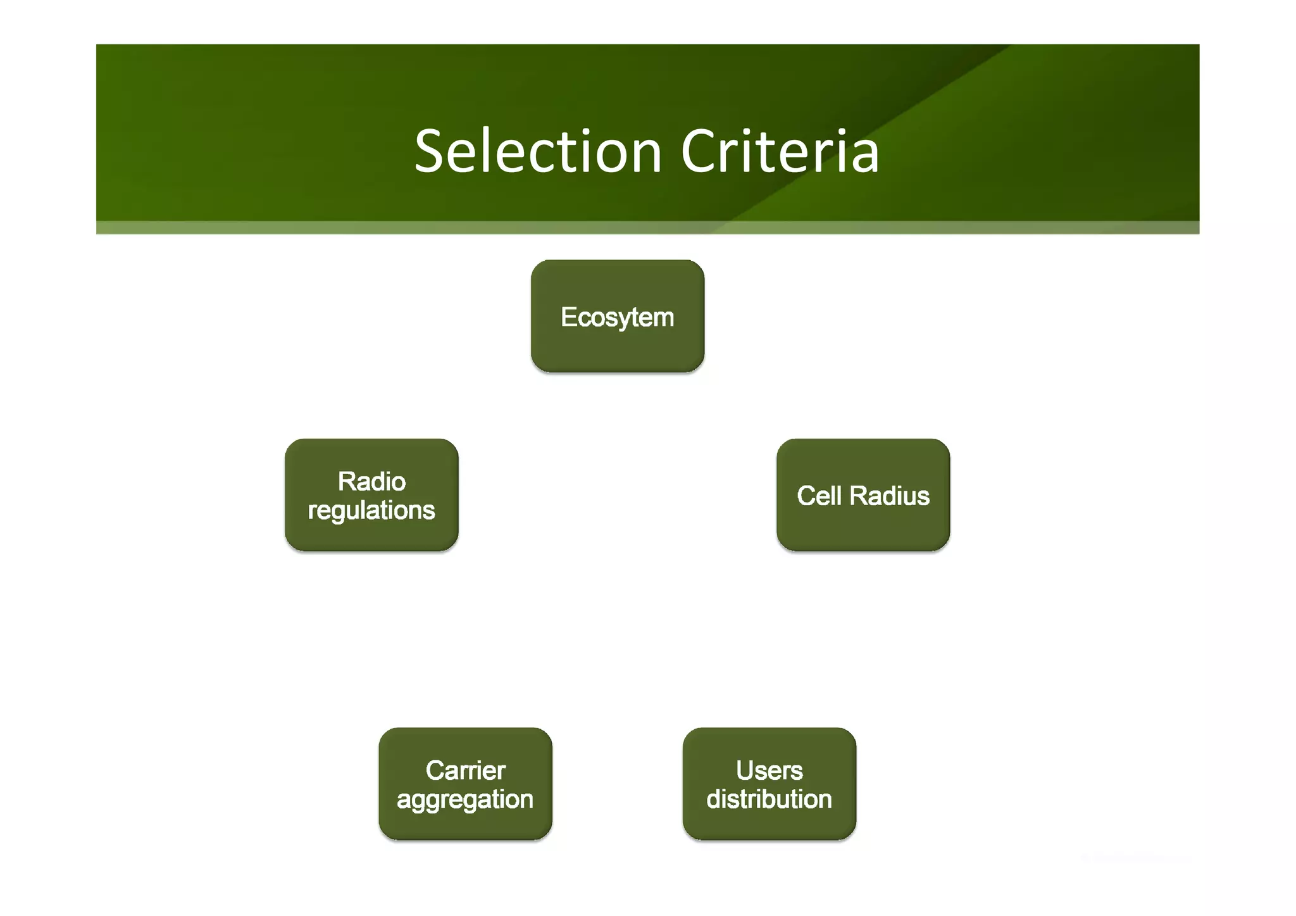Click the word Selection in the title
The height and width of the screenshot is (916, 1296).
pos(538,151)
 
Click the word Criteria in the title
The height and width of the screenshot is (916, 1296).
pos(780,151)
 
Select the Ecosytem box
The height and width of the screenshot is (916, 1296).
pos(617,317)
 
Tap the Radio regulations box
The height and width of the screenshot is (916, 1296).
pos(371,495)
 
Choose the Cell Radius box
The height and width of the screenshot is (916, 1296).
pos(863,495)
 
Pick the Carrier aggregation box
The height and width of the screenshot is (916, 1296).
pos(465,784)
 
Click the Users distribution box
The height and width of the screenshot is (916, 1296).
pos(769,784)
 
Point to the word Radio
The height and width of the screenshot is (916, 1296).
pos(371,482)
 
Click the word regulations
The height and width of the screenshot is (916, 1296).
pos(371,510)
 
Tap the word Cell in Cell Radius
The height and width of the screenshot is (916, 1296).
pos(819,496)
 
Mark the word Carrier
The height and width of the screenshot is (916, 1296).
pos(465,770)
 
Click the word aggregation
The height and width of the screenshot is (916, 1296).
pos(465,800)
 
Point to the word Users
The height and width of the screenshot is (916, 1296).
pos(769,770)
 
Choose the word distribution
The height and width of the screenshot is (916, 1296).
pos(769,799)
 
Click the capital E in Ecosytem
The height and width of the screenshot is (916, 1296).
pos(568,317)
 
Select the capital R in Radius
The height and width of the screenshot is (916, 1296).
pos(859,496)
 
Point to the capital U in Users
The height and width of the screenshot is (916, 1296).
pos(745,770)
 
